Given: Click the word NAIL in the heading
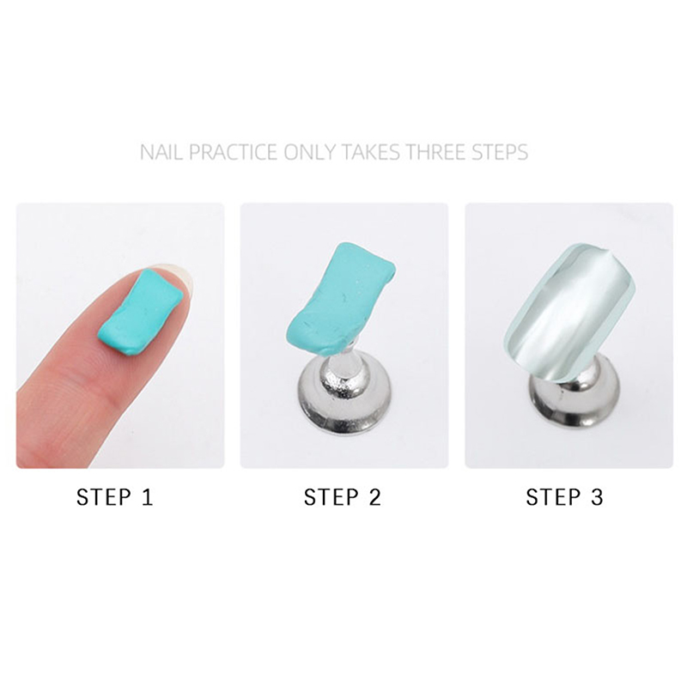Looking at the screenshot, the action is (161, 153).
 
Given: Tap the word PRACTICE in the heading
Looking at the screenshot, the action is (233, 153).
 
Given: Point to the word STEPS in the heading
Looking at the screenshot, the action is (500, 153).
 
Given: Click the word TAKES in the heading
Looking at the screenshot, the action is (370, 153).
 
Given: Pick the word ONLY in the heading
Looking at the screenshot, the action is (309, 153).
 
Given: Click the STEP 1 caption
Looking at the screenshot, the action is (115, 497).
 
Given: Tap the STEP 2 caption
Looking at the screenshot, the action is (342, 497).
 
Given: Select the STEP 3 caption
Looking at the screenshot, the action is (564, 497).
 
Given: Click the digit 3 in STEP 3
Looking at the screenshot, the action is (597, 497).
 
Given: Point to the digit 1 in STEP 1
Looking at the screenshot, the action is (148, 497).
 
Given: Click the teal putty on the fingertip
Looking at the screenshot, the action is (140, 312).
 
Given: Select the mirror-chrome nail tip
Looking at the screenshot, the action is (569, 313).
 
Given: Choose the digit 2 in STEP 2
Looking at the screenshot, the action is (374, 497).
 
